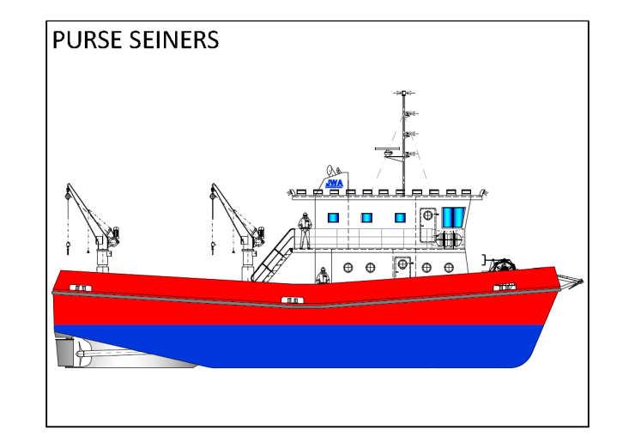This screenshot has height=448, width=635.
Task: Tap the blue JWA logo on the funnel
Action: click(x=334, y=183)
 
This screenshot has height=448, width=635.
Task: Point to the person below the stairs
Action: click(x=323, y=276)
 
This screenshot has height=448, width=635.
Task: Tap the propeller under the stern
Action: click(x=79, y=352)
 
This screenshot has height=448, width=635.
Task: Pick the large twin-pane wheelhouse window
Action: click(x=453, y=218)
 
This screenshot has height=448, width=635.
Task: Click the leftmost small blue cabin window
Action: click(x=334, y=218)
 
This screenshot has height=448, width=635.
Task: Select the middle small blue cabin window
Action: click(x=366, y=218)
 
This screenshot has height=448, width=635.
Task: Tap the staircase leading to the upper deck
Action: click(x=273, y=255)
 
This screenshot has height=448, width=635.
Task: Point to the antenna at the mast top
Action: click(x=403, y=93)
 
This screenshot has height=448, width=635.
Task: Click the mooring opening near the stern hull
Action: click(x=80, y=287)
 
